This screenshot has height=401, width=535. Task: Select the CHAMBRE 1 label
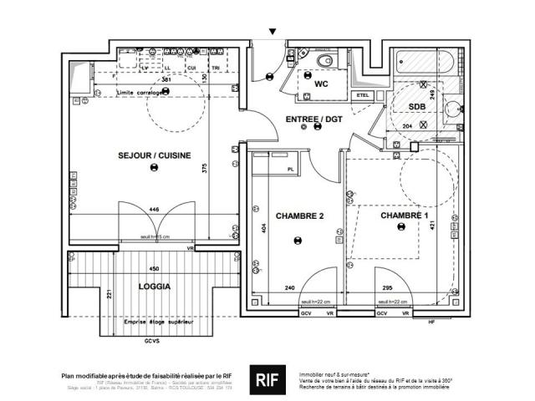(x=405, y=216)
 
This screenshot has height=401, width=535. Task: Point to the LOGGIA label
(x=155, y=287)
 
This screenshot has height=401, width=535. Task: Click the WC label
(x=321, y=84)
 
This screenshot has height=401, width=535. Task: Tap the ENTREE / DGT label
(x=314, y=119)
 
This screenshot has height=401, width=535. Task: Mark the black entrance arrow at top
(x=273, y=32)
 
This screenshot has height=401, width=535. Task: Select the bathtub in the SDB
(x=423, y=62)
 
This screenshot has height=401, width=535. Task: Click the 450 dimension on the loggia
(x=154, y=269)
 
